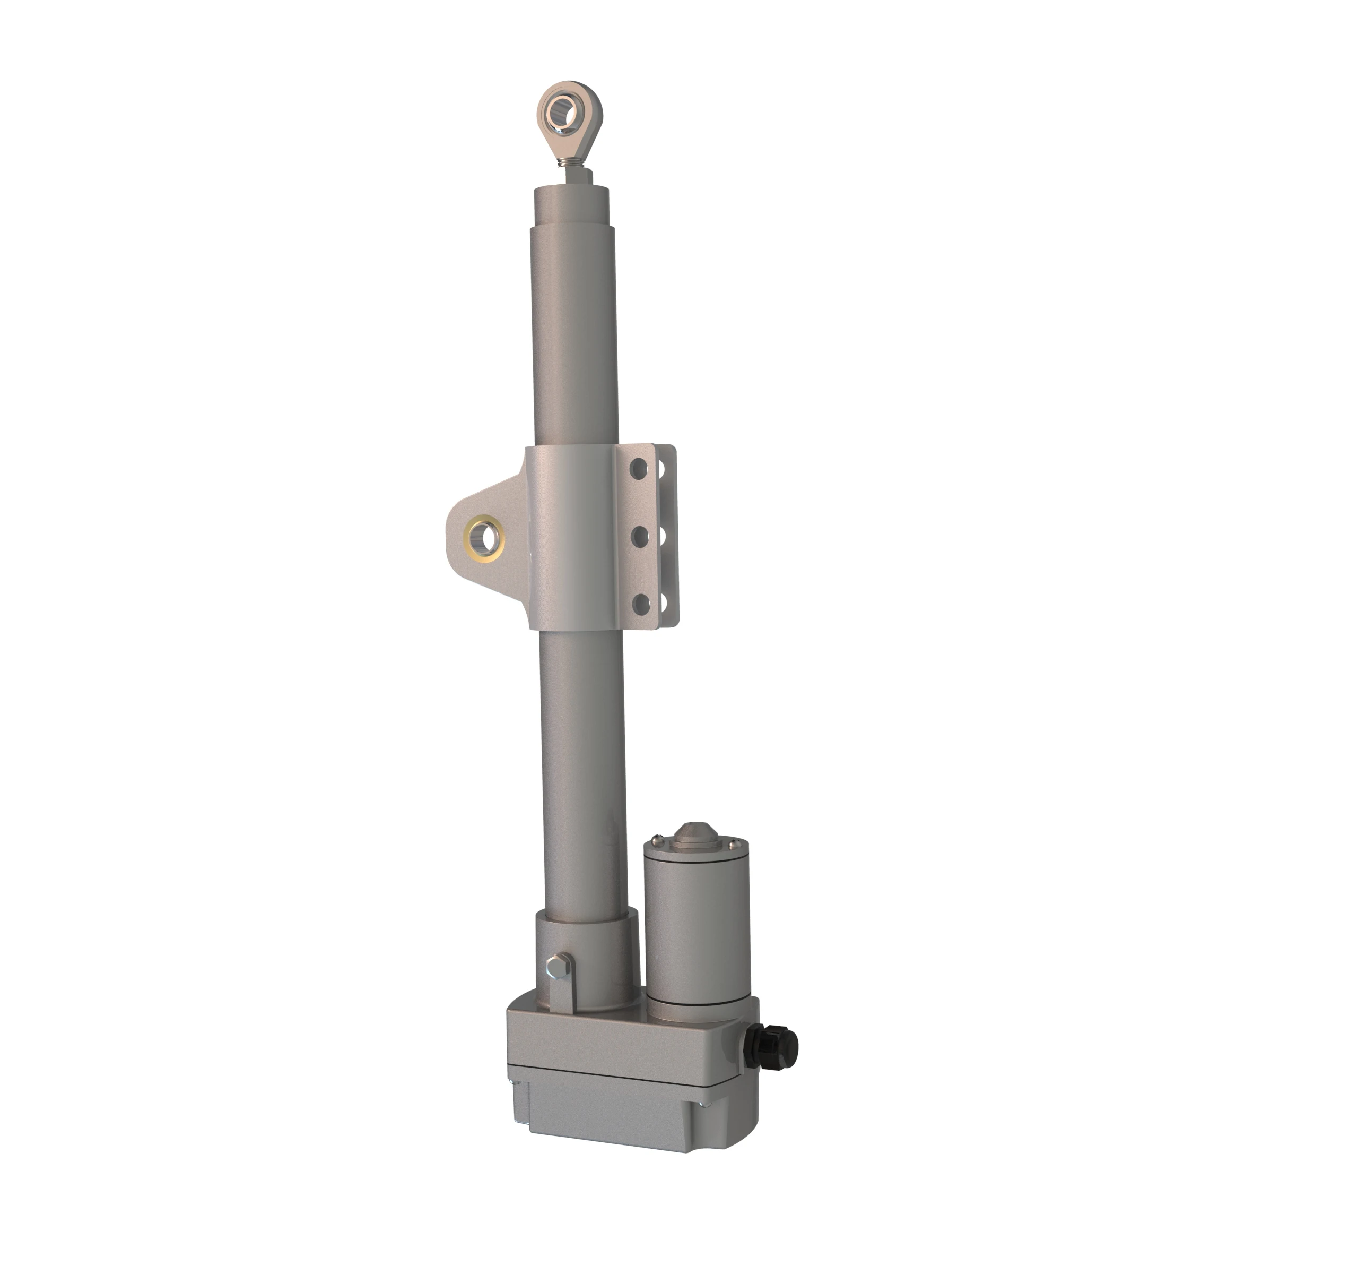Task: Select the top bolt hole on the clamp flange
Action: [638, 469]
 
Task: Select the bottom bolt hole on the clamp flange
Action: [641, 604]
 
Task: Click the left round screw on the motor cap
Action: [657, 839]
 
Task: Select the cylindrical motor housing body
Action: [697, 929]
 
